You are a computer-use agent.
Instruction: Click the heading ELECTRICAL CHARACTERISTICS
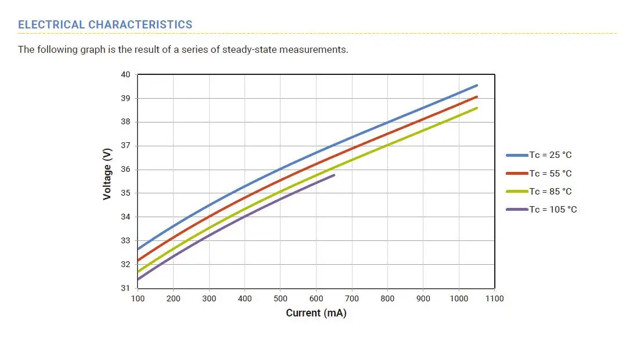pos(105,24)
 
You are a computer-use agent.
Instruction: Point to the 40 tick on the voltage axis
pos(126,74)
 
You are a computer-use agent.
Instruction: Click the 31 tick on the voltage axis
pos(126,288)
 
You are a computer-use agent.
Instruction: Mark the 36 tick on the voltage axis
pos(126,170)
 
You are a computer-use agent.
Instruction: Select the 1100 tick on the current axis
pos(495,298)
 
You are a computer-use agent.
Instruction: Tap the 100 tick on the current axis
pos(138,298)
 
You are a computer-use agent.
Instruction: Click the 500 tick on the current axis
pos(281,298)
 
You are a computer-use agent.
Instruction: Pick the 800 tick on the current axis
pos(387,298)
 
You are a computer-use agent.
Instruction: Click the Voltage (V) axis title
pos(107,174)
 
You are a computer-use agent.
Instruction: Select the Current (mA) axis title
pos(316,313)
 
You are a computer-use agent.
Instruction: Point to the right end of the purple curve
pos(334,175)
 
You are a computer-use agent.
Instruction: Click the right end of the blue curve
pos(477,85)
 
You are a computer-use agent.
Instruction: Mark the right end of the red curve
pos(477,97)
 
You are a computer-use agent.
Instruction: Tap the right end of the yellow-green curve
pos(477,108)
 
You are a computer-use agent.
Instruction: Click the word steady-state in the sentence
pos(250,49)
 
